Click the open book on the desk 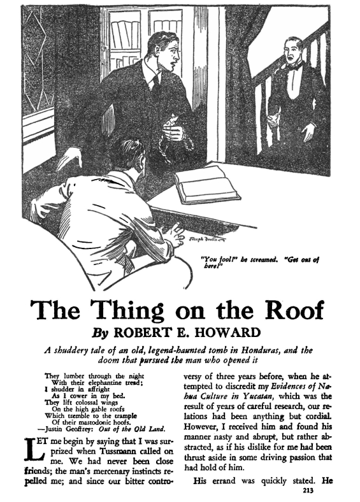(208, 184)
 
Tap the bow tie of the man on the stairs (292, 66)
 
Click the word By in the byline (102, 333)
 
